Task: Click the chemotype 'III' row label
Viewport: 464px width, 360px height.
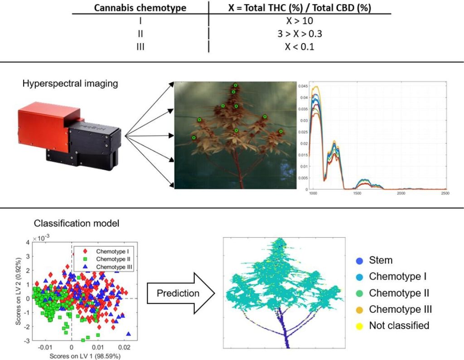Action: (x=140, y=47)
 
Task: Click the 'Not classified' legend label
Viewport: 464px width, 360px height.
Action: (x=399, y=325)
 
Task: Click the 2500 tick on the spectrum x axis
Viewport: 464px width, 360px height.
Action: (x=445, y=194)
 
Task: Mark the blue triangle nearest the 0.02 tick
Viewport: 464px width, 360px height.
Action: (x=129, y=334)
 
